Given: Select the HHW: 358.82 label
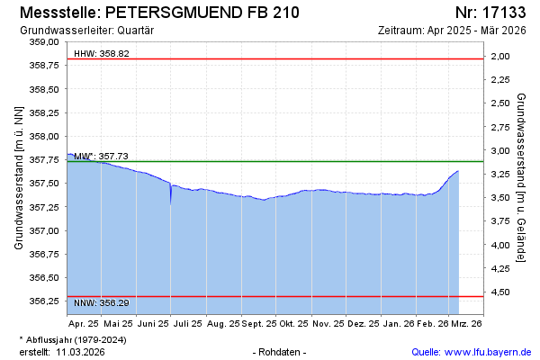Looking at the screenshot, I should (x=102, y=54).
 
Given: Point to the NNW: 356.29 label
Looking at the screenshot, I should (x=102, y=302).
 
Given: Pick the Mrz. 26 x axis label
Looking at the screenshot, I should (x=467, y=322).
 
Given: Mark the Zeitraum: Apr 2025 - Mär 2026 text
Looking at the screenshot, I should (x=452, y=30).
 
